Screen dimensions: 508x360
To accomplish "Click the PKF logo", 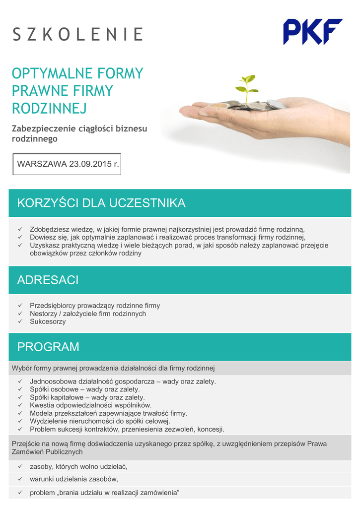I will coord(312,31).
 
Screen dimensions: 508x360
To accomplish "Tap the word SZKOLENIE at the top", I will coord(77,34).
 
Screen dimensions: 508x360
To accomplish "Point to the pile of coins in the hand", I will coord(248,105).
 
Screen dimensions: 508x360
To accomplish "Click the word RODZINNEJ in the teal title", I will coord(49,108).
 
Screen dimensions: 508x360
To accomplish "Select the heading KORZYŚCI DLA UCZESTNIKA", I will coord(101,203).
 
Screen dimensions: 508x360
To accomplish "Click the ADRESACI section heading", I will coord(48,280).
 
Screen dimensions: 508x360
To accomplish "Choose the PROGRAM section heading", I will coord(48,347).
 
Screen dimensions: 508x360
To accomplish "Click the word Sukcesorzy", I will coord(48,321).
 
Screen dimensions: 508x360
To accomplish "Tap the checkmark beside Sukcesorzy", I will coord(20,321).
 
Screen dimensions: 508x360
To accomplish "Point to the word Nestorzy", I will coord(44,314).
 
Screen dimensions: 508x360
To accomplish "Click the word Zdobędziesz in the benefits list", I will coord(48,229).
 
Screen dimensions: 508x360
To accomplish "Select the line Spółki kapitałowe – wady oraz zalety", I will coord(87,397).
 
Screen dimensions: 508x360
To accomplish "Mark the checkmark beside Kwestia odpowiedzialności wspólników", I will coord(20,405).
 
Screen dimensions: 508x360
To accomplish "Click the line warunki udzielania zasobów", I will coord(74,479).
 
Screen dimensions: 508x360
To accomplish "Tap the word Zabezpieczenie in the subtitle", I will coord(44,128).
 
